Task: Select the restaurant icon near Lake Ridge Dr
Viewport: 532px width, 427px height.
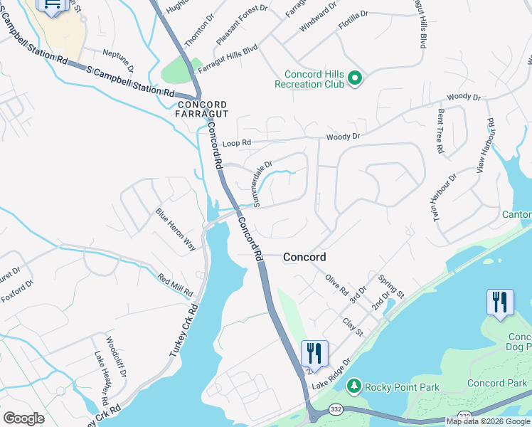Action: click(313, 354)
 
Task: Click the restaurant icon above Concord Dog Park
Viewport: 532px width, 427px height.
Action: click(499, 302)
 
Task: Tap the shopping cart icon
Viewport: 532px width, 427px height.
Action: click(53, 4)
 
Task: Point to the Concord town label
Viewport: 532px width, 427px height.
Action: click(304, 257)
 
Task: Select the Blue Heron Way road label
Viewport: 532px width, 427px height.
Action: click(176, 229)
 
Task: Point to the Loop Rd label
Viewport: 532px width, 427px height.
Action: click(237, 143)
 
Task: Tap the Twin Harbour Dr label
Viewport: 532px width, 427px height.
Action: click(446, 196)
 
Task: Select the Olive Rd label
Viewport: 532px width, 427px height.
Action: click(336, 285)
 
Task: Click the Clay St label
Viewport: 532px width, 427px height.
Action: click(353, 327)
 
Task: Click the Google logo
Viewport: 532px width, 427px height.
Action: click(23, 418)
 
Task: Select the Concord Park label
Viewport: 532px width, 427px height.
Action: click(496, 384)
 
